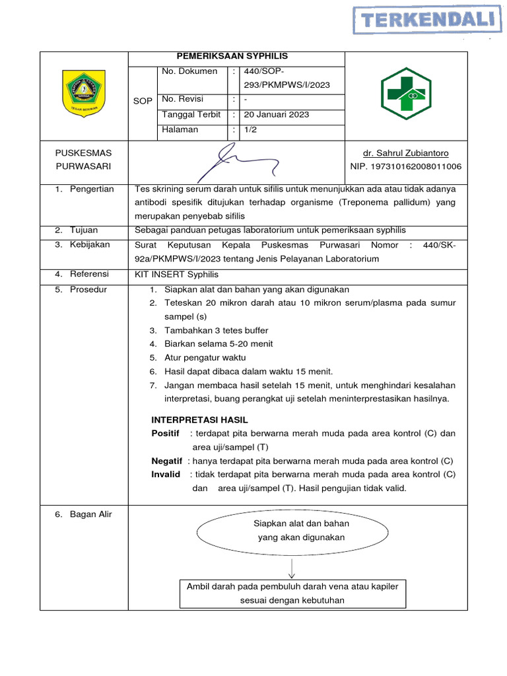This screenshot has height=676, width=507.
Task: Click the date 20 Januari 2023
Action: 277,114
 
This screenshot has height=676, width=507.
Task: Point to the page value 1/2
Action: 252,129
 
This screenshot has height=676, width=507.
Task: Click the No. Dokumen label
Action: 189,71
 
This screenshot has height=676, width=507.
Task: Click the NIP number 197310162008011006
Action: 405,167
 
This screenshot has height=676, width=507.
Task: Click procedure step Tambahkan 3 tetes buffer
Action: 217,330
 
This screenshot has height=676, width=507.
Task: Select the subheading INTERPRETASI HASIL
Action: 199,420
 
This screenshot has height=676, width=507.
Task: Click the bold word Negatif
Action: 166,461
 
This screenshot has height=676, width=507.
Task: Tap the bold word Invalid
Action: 166,474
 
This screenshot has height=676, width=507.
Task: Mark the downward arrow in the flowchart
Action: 291,568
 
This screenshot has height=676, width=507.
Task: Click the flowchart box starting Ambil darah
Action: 292,593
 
